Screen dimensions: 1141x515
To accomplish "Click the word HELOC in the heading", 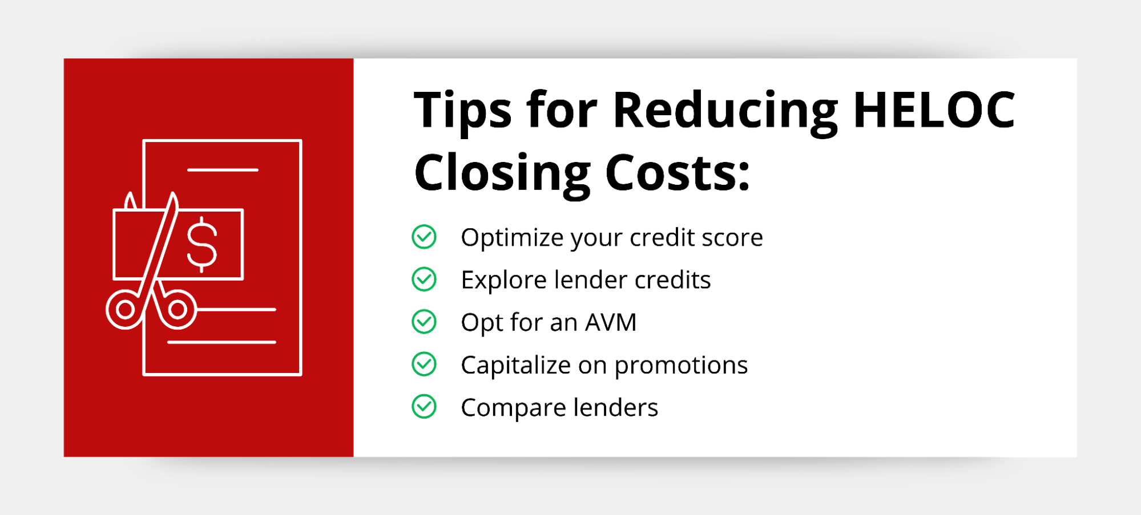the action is (934, 110).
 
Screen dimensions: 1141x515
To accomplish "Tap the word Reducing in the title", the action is (725, 113).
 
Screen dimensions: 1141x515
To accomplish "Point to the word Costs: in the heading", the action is (678, 173).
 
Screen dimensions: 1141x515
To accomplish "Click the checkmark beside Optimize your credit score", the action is (424, 237).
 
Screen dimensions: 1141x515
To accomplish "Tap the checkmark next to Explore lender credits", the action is (424, 279).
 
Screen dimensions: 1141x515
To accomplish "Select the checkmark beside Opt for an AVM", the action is (424, 322).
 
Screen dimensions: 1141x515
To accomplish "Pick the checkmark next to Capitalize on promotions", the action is (424, 364).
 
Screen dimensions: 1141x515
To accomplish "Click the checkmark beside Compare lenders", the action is (424, 407).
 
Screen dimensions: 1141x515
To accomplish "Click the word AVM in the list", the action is (611, 322).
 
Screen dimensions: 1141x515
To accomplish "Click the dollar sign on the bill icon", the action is (202, 245).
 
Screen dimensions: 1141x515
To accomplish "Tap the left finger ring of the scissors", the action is (125, 310).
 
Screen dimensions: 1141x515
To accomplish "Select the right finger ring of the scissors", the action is (178, 310).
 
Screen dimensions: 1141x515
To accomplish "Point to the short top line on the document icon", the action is (223, 169).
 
